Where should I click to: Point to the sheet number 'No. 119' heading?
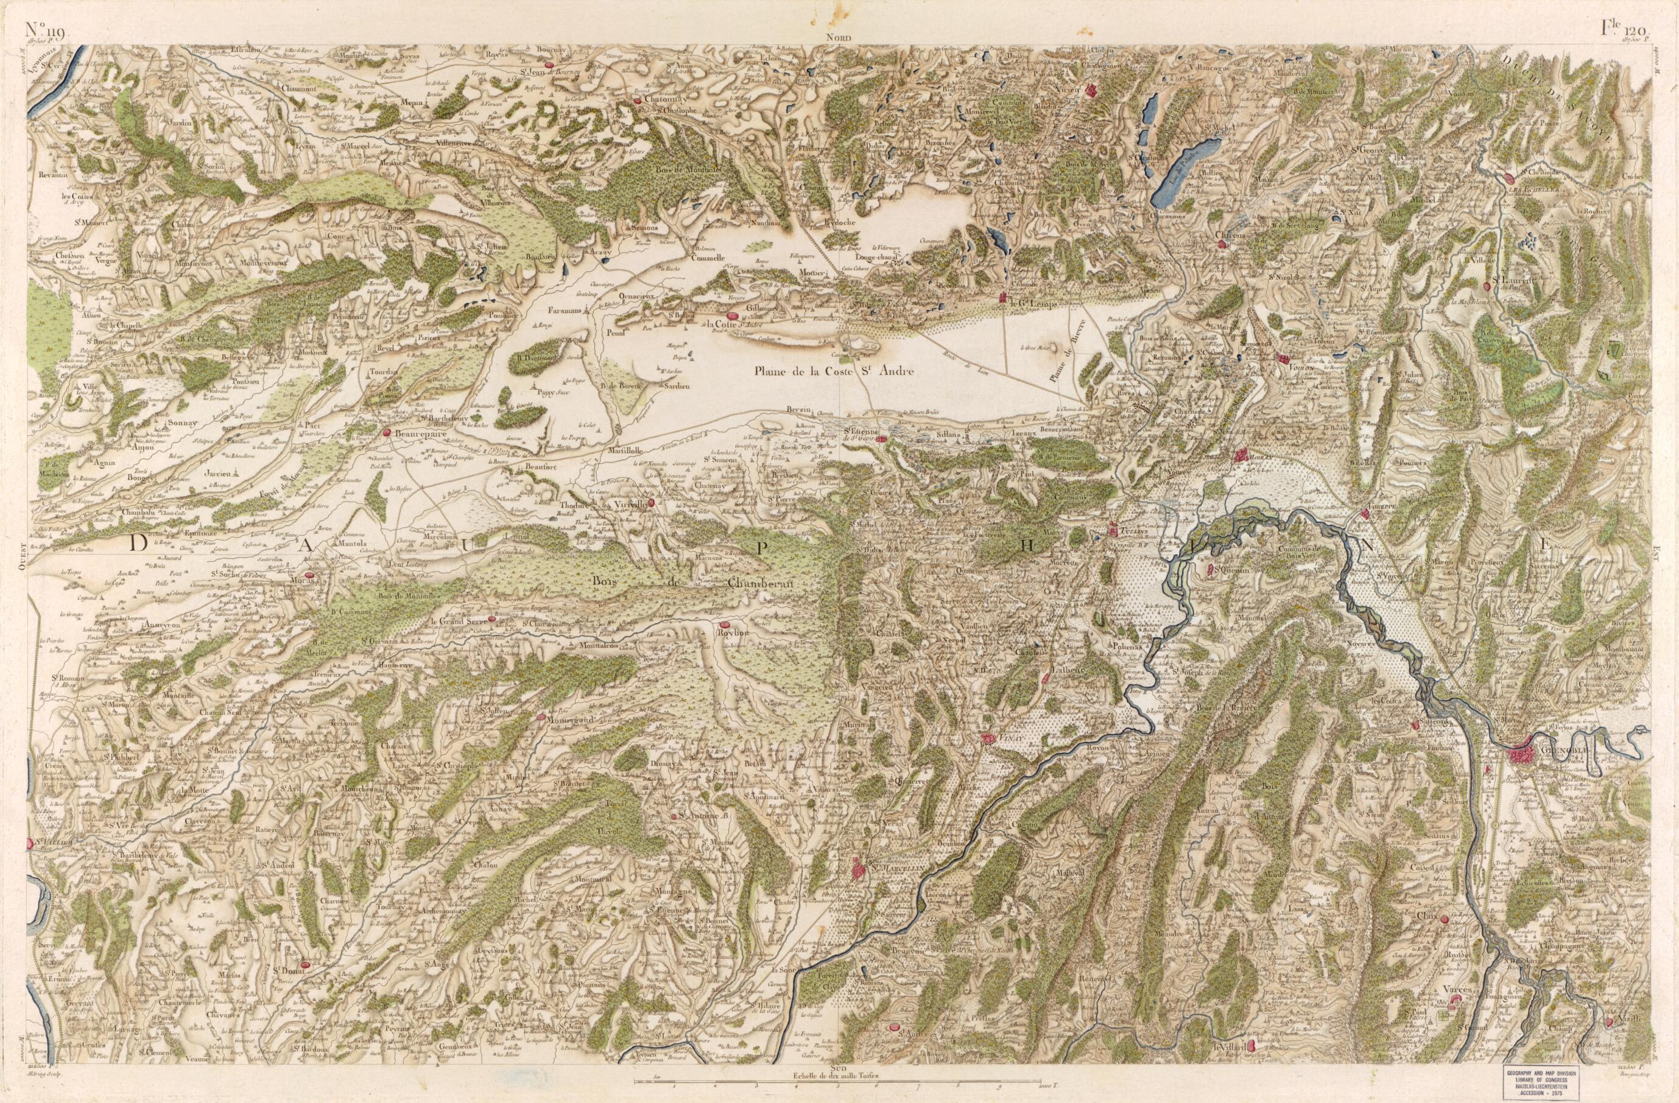click(45, 30)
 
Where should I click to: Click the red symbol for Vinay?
click(986, 738)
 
